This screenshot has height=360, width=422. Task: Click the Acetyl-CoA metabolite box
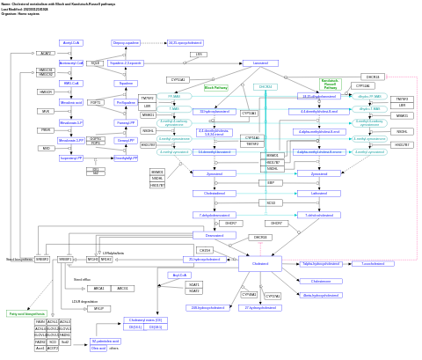[71, 42]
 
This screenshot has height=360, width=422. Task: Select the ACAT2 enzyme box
[46, 53]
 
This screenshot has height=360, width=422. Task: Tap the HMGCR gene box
[46, 92]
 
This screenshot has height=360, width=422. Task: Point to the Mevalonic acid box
[71, 102]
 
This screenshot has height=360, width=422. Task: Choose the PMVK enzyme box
[46, 130]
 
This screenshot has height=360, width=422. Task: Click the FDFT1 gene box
[95, 102]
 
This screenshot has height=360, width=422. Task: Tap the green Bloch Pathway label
[215, 88]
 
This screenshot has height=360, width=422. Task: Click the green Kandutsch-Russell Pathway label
[330, 85]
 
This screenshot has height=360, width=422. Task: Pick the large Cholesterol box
[260, 263]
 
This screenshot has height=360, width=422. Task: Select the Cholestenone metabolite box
[321, 281]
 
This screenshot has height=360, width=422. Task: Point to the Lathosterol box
[319, 193]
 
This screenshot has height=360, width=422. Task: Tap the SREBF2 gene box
[42, 260]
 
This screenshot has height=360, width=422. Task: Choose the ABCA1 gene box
[98, 288]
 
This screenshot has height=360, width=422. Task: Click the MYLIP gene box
[98, 309]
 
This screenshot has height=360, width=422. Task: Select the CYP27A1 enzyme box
[273, 296]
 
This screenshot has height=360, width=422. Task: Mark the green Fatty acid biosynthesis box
[26, 313]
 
